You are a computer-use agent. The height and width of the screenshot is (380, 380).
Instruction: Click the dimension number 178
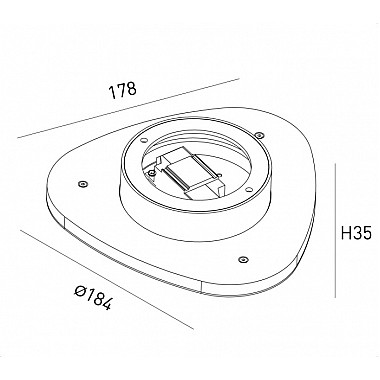tap(123, 90)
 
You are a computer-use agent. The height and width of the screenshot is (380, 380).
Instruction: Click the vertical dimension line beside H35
tap(335, 230)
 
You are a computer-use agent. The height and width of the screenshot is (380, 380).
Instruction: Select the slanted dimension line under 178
tap(128, 108)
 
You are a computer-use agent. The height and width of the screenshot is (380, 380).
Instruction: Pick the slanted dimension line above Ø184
tap(107, 279)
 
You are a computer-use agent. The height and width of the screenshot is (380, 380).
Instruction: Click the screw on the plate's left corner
tap(82, 184)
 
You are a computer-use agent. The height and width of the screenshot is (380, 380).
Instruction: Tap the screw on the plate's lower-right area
tap(243, 259)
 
